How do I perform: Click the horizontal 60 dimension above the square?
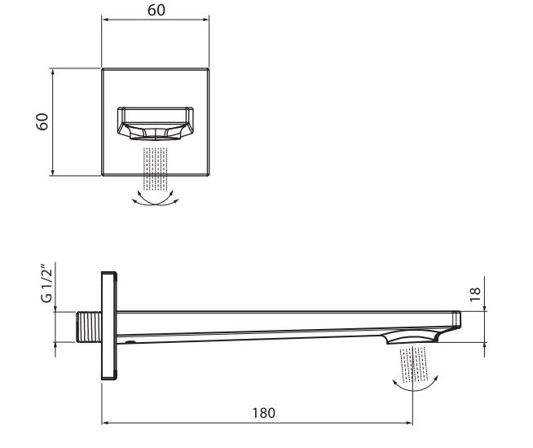pyautogui.click(x=156, y=10)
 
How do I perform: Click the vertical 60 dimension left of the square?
pyautogui.click(x=42, y=121)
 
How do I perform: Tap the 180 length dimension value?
pyautogui.click(x=264, y=413)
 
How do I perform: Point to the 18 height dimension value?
pyautogui.click(x=475, y=294)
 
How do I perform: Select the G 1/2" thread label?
pyautogui.click(x=47, y=283)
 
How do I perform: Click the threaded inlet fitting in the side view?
pyautogui.click(x=89, y=327)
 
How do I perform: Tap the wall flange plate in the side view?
pyautogui.click(x=109, y=326)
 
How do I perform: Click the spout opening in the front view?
pyautogui.click(x=156, y=124)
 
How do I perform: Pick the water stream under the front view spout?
pyautogui.click(x=156, y=169)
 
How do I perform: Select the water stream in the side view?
pyautogui.click(x=413, y=363)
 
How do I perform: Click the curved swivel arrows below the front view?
pyautogui.click(x=156, y=199)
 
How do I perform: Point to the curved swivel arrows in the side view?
pyautogui.click(x=415, y=384)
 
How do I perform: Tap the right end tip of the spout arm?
pyautogui.click(x=460, y=318)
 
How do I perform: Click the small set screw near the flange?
pyautogui.click(x=130, y=342)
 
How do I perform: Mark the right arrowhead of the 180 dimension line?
pyautogui.click(x=409, y=423)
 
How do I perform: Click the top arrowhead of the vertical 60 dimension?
pyautogui.click(x=52, y=72)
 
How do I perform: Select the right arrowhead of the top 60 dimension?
pyautogui.click(x=205, y=20)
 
